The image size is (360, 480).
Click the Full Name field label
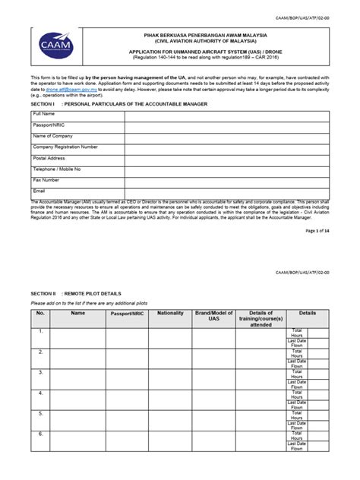pyautogui.click(x=44, y=113)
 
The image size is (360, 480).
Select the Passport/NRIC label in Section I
pyautogui.click(x=48, y=125)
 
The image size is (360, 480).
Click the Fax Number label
pyautogui.click(x=46, y=180)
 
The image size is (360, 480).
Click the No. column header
pyautogui.click(x=40, y=313)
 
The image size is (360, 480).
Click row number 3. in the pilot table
pyautogui.click(x=40, y=372)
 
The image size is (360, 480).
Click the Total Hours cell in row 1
pyautogui.click(x=297, y=334)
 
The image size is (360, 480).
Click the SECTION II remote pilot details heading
pyautogui.click(x=75, y=292)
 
